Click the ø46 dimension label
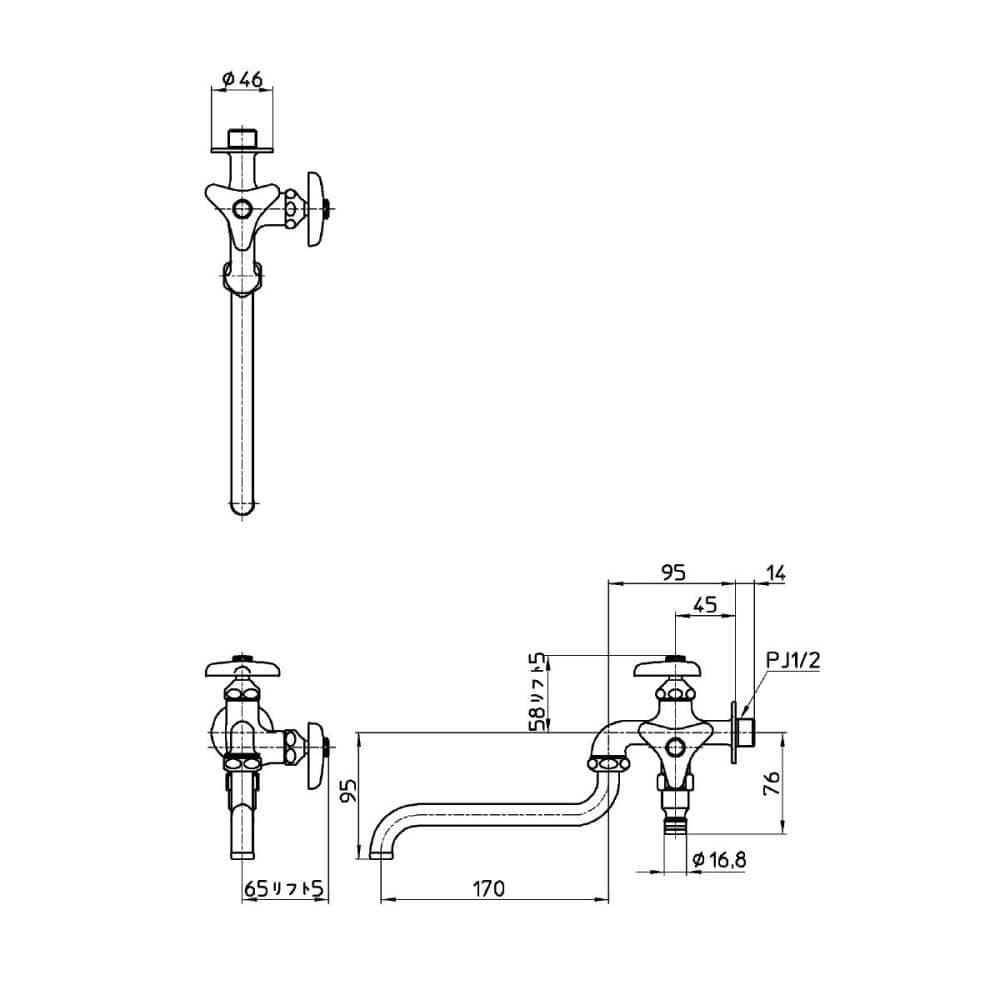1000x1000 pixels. click(x=242, y=77)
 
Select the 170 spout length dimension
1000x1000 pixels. click(x=489, y=887)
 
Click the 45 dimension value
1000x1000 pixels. click(x=704, y=604)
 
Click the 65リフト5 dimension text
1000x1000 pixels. click(x=285, y=888)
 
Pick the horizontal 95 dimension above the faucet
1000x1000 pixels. click(x=673, y=573)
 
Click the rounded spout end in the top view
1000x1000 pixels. click(x=242, y=506)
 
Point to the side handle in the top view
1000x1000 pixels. click(x=317, y=208)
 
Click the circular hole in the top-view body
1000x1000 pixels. click(x=242, y=208)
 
